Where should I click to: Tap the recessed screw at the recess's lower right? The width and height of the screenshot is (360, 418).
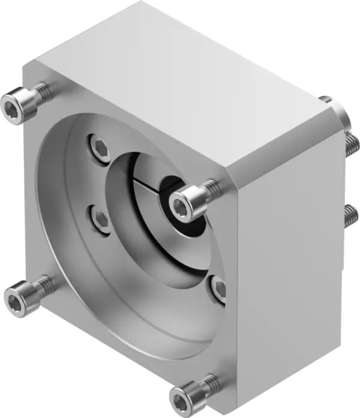pyautogui.click(x=218, y=288)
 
